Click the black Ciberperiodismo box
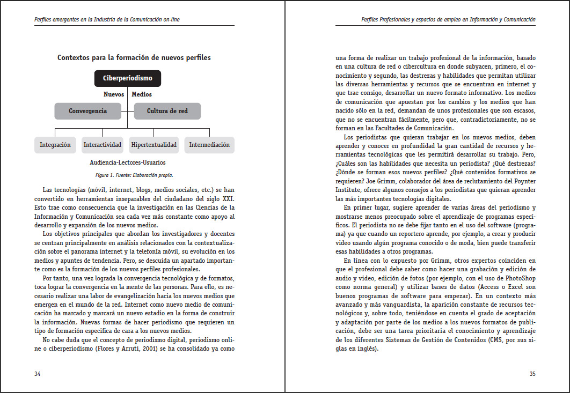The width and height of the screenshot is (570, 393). coord(128,78)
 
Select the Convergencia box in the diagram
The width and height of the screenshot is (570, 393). coord(87,111)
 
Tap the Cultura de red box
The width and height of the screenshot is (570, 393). coord(167,111)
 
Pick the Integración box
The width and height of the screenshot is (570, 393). coord(55,145)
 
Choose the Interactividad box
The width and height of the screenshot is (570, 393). coord(103,145)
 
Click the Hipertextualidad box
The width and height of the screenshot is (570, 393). coord(154,145)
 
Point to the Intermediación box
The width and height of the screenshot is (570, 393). coord(209,145)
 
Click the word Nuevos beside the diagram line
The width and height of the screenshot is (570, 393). coord(114,94)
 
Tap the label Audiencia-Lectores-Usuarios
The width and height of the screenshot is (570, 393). coord(128,162)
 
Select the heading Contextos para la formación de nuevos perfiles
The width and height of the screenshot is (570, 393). coord(134,57)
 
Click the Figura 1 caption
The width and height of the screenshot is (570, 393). coord(134,175)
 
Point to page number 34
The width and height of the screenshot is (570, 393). coord(38,374)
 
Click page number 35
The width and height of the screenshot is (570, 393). coord(532,374)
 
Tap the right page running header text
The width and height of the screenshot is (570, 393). coord(449,20)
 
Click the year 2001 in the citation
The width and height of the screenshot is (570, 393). coord(154,348)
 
